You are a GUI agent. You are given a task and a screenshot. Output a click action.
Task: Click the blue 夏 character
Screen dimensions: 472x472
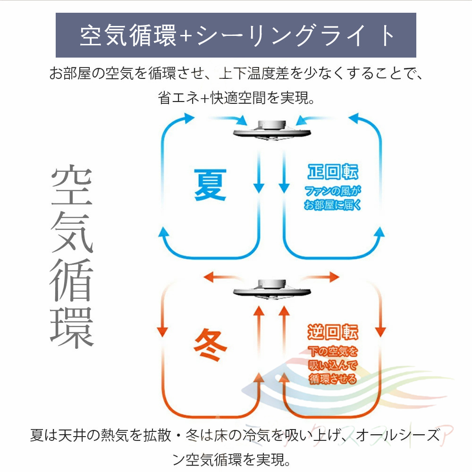click(211, 184)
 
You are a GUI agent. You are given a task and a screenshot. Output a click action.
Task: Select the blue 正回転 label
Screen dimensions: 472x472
click(332, 173)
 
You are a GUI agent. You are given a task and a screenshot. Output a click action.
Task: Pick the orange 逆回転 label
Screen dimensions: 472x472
click(332, 332)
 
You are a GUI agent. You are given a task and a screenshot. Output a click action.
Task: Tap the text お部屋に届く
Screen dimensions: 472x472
click(332, 206)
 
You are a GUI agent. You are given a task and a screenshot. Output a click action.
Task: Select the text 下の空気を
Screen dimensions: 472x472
click(332, 352)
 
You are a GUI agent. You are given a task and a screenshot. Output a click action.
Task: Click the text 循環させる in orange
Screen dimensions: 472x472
click(332, 379)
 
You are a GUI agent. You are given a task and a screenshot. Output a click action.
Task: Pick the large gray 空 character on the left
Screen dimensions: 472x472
click(72, 186)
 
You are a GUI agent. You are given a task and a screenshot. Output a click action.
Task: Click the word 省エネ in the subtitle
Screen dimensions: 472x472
click(179, 98)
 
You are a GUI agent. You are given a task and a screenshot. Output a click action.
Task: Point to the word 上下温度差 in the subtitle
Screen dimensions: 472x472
click(267, 74)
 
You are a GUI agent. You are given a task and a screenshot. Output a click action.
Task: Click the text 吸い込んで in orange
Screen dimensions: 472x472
click(332, 365)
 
